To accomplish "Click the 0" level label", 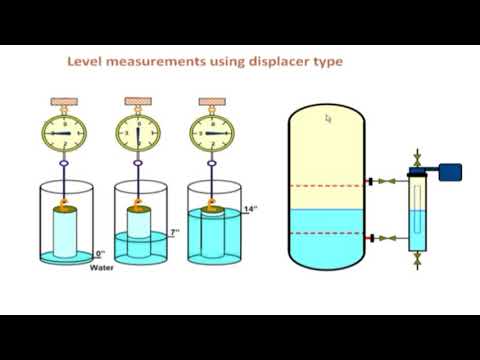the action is click(101, 254).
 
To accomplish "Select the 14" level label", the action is click(251, 210).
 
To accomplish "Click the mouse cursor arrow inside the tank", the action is click(327, 119).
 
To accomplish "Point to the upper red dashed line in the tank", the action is click(327, 185).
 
